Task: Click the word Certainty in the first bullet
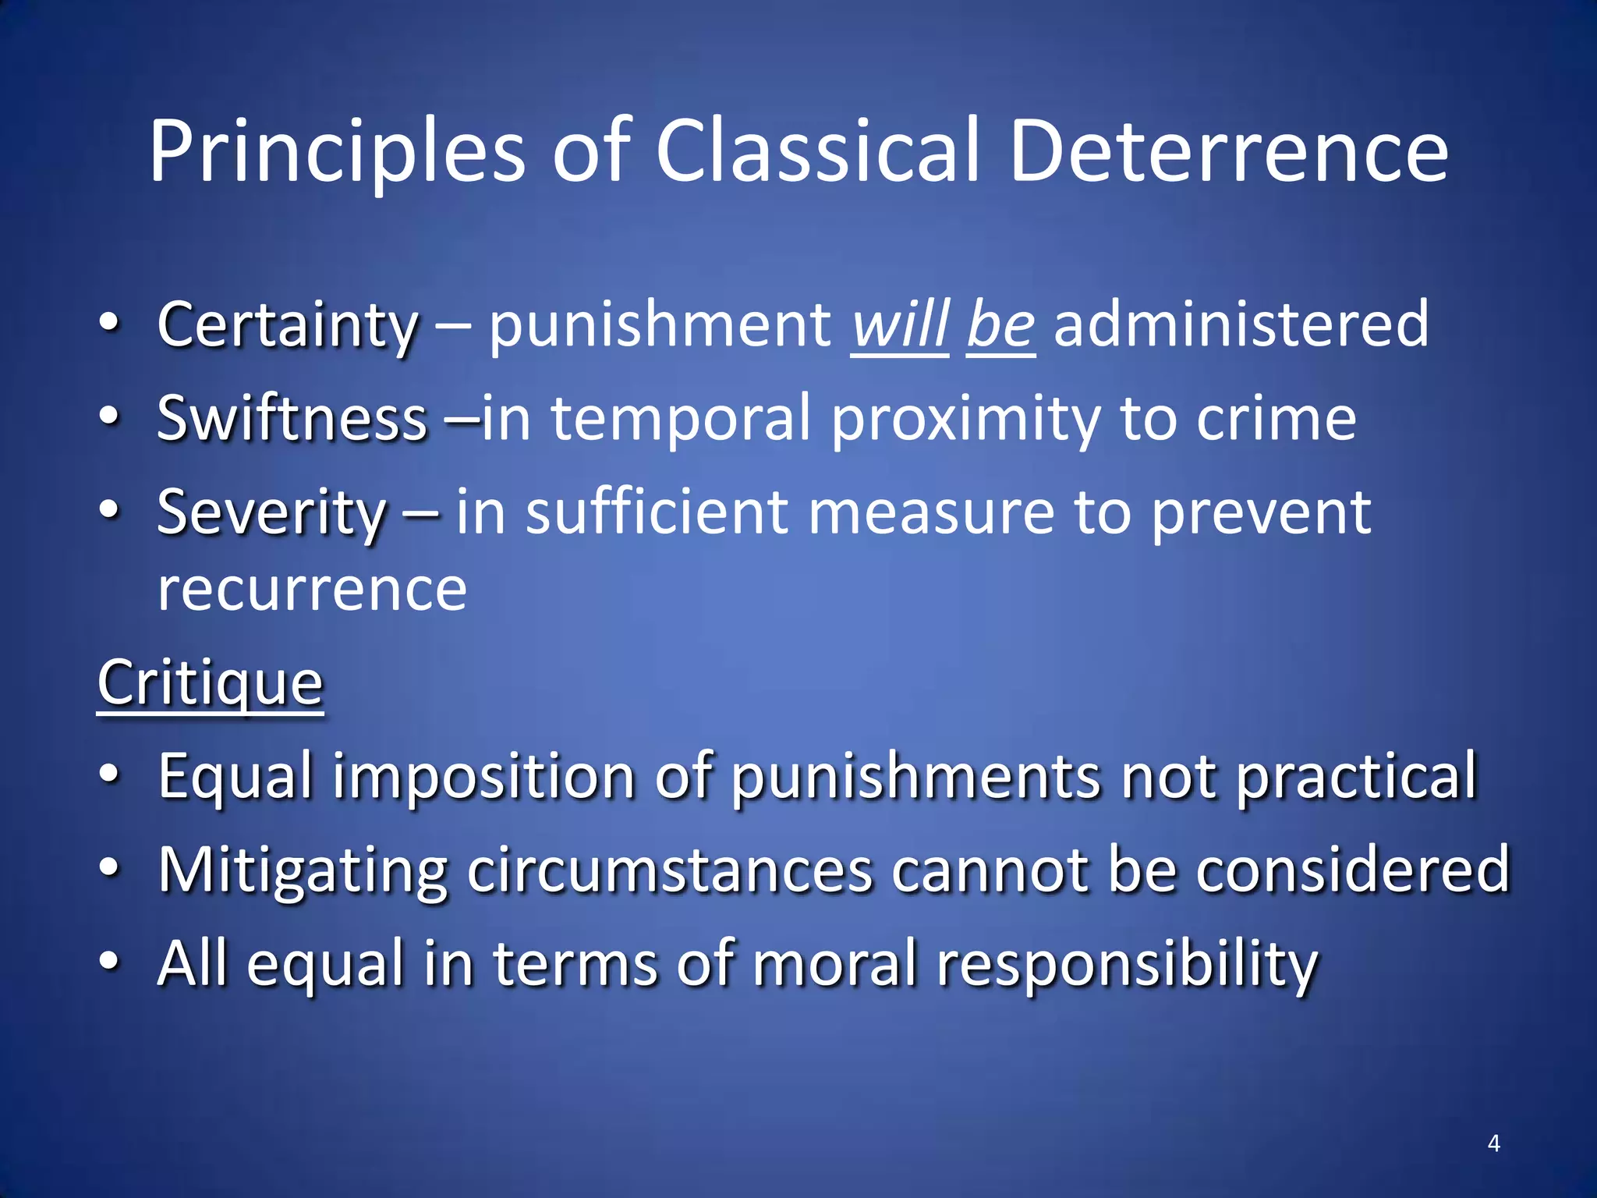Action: [288, 325]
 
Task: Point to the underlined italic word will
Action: [899, 325]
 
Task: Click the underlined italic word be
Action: [1000, 325]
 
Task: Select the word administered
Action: [1241, 325]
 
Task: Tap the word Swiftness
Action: [292, 419]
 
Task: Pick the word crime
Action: [1277, 419]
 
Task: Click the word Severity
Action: [271, 513]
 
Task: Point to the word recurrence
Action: [312, 589]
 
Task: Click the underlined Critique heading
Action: [210, 683]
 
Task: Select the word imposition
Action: [484, 777]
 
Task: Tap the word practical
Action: [1357, 777]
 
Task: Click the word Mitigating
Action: [303, 870]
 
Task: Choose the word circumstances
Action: [670, 870]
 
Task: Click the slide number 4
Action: [1493, 1143]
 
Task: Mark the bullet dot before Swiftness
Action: [110, 416]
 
